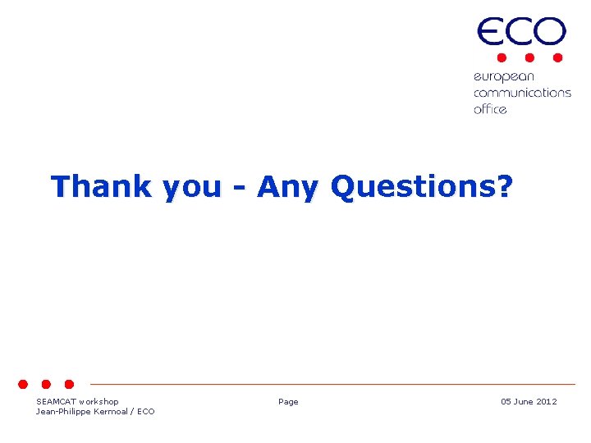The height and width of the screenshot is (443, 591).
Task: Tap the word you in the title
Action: coord(192,188)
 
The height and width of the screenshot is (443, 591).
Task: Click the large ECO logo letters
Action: coord(521,33)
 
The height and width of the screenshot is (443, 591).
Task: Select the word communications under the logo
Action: coord(522,93)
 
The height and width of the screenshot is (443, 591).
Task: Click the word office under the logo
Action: coord(490,108)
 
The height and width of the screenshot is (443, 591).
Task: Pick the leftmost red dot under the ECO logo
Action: coord(501,58)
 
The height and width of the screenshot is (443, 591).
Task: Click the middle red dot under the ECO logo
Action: coord(529,58)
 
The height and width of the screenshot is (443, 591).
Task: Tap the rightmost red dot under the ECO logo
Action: coord(557,58)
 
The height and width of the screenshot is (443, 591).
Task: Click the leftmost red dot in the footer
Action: coord(24,384)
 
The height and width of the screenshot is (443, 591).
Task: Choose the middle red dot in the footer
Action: coord(47,384)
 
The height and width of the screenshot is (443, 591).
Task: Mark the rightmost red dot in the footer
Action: coord(69,384)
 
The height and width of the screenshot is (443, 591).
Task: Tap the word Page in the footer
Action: coord(288,402)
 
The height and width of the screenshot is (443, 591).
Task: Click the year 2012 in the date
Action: coord(547,402)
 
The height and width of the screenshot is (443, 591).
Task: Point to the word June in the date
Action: coord(524,402)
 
